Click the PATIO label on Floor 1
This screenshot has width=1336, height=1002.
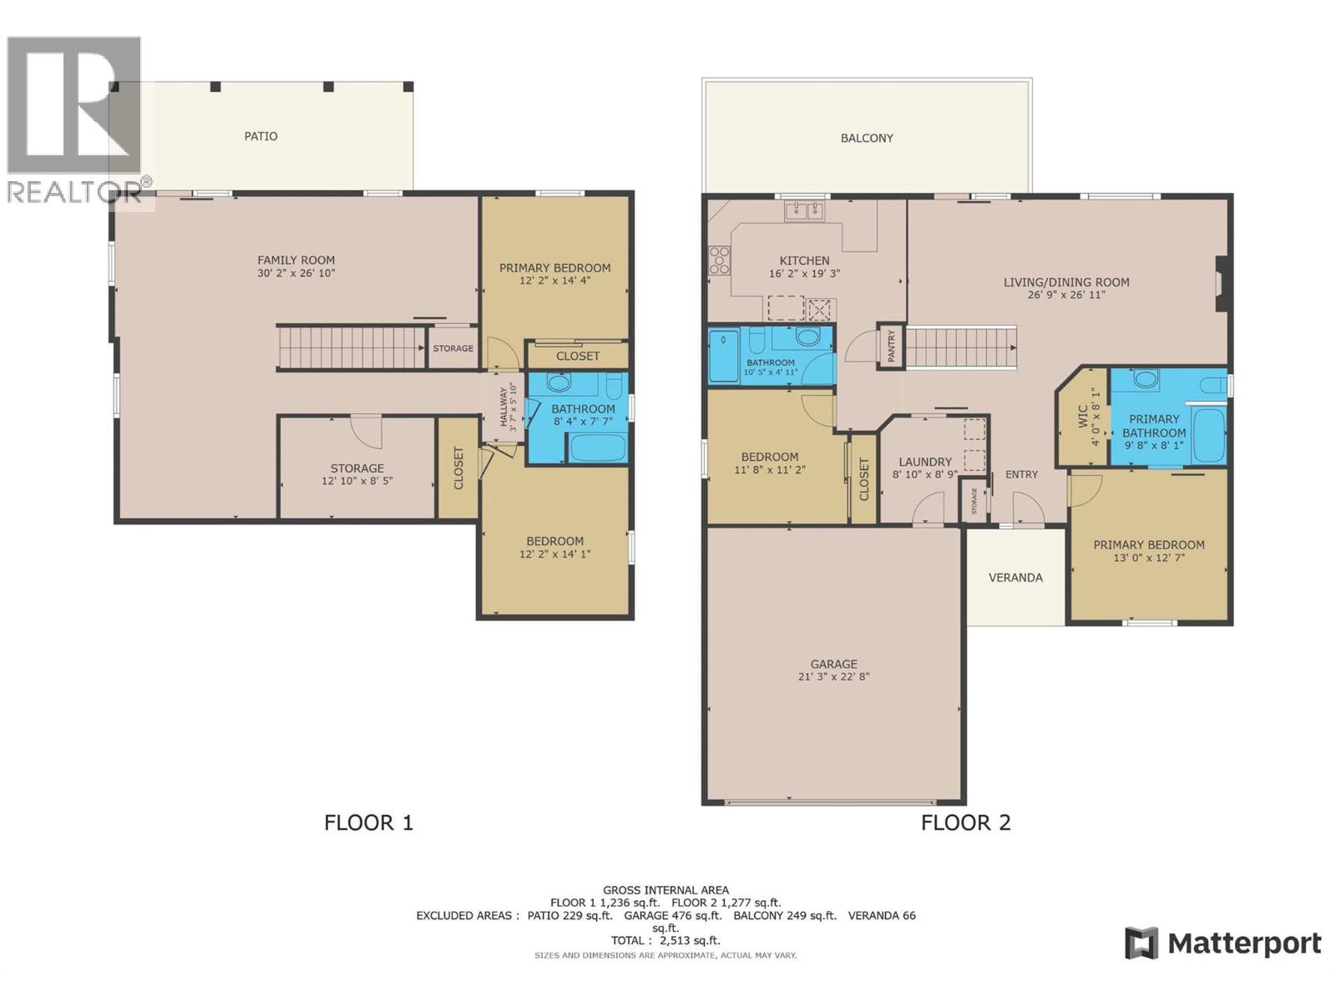pos(261,136)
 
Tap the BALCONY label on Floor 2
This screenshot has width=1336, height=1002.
pos(867,138)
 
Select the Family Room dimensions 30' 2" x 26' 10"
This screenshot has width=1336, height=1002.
pos(296,273)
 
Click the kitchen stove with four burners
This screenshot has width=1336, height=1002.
pos(719,261)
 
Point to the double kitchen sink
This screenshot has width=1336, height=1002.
pos(804,210)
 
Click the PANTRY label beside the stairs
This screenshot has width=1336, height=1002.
pos(891,346)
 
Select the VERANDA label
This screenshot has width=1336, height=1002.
pos(1015,577)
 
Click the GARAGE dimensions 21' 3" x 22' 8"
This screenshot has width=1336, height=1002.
pos(833,677)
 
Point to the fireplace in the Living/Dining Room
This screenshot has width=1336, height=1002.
pos(1222,284)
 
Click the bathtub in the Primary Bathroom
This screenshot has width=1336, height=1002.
pos(1208,434)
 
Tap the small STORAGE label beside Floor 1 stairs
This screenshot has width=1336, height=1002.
pos(453,348)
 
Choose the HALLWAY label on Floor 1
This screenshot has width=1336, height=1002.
pos(504,407)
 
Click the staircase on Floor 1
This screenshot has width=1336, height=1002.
pos(351,348)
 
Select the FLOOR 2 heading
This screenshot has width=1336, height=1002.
pos(965,822)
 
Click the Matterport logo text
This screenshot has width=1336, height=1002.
pos(1243,944)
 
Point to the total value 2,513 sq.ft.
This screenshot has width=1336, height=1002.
pos(689,940)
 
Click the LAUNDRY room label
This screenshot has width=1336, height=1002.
pos(924,462)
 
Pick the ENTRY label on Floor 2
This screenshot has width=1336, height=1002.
pos(1021,474)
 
